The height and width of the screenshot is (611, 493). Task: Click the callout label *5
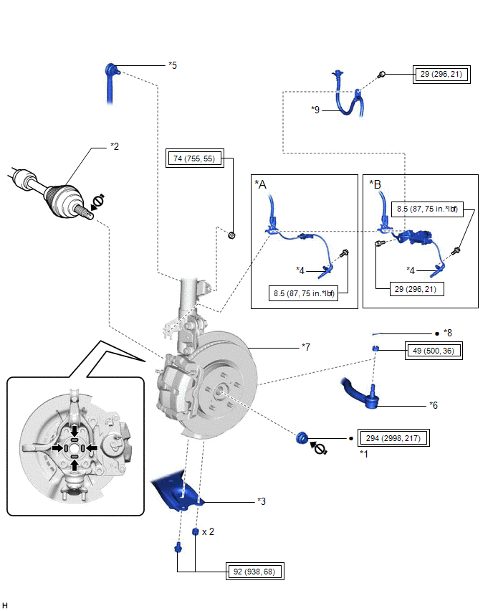pyautogui.click(x=172, y=65)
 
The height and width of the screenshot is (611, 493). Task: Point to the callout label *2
pyautogui.click(x=114, y=147)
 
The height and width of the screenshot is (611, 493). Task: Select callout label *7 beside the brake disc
pyautogui.click(x=307, y=347)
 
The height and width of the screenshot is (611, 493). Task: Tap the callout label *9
pyautogui.click(x=315, y=110)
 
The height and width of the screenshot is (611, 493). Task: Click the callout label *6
pyautogui.click(x=434, y=405)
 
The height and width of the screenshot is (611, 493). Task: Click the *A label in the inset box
pyautogui.click(x=261, y=184)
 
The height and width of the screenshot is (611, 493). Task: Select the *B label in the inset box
pyautogui.click(x=375, y=184)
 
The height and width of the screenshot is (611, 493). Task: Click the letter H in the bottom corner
pyautogui.click(x=6, y=605)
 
